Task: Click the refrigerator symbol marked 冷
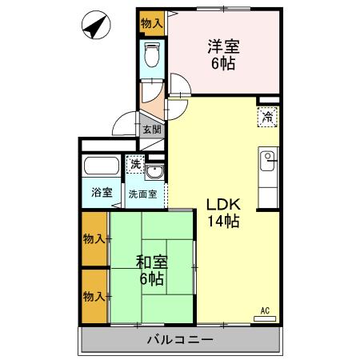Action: (x=268, y=118)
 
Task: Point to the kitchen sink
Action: (x=268, y=158)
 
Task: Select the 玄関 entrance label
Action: (x=150, y=130)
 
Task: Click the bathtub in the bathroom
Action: (x=102, y=169)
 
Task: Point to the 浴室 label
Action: (x=101, y=193)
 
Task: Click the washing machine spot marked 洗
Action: (x=135, y=164)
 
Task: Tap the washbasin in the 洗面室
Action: (x=156, y=175)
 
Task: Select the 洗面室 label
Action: (x=145, y=194)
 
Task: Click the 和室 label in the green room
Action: (x=150, y=261)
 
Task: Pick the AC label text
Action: (x=265, y=310)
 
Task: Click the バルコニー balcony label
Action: (x=179, y=340)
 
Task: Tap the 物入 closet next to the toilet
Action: (x=150, y=24)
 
